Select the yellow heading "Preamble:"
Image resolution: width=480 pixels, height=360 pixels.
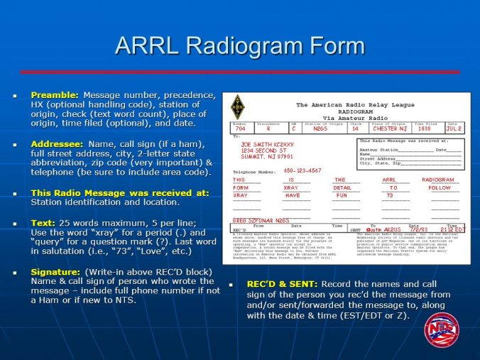click(x=55, y=94)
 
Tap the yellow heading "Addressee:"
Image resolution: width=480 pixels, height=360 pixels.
click(x=57, y=143)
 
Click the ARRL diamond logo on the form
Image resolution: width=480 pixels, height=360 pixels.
click(x=237, y=107)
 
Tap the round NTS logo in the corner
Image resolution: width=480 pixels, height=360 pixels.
click(x=442, y=329)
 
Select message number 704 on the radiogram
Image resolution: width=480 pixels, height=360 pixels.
click(x=240, y=129)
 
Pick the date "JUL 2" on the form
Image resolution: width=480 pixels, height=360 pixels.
click(x=454, y=129)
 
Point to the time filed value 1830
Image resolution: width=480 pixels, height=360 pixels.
click(x=425, y=129)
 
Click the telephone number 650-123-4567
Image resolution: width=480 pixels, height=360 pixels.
click(x=302, y=170)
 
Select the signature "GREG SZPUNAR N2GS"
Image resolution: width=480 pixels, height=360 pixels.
click(x=261, y=220)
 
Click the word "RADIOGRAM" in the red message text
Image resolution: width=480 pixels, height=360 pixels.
click(x=438, y=180)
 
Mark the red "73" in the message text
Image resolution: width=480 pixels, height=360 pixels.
click(x=389, y=195)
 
